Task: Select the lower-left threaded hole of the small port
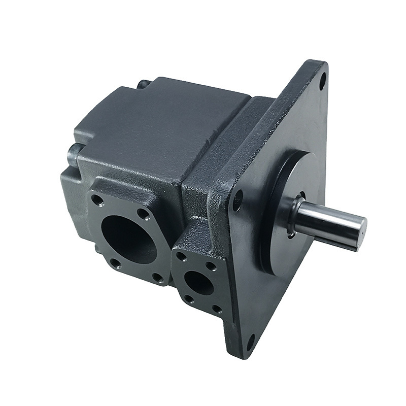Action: tap(189, 299)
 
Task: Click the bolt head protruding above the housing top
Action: tap(144, 85)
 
